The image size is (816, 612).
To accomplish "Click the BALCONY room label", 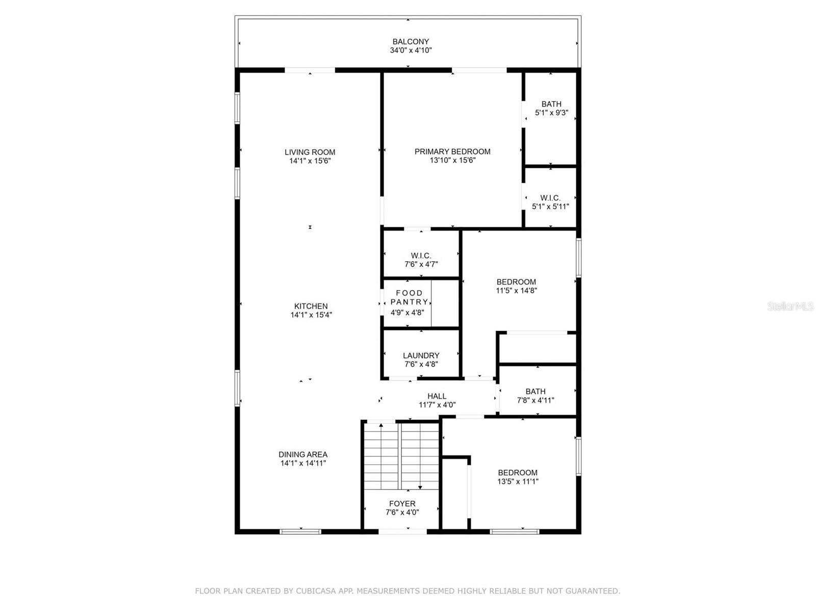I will pos(410,42).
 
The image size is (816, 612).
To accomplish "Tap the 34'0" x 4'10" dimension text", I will pos(411,50).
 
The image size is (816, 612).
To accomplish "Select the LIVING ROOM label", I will pos(310,152).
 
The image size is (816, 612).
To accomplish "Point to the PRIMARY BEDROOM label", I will pos(452,151).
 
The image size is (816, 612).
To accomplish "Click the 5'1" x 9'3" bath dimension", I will pos(551,113).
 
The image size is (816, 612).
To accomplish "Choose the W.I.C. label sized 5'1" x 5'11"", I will pos(550,198).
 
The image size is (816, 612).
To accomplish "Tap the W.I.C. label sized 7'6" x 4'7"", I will pos(421,256).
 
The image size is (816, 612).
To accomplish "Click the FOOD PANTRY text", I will pos(410,297).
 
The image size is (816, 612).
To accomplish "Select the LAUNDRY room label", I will pos(421,355).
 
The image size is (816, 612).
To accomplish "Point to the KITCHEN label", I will pos(311,306).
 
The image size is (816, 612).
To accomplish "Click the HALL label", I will pos(437,396).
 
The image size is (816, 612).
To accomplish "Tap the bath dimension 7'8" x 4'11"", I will pos(535,400).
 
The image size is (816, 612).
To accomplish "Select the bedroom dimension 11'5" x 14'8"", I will pos(516,291).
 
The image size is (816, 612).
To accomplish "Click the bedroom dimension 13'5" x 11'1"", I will pos(518,481).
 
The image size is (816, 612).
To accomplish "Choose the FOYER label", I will pos(402,503).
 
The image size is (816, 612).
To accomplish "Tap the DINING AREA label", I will pos(303,454).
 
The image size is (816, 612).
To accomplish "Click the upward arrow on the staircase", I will pos(381,425).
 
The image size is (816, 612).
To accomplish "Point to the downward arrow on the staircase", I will pos(420,487).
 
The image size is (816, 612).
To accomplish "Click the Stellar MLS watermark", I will pos(790,307).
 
